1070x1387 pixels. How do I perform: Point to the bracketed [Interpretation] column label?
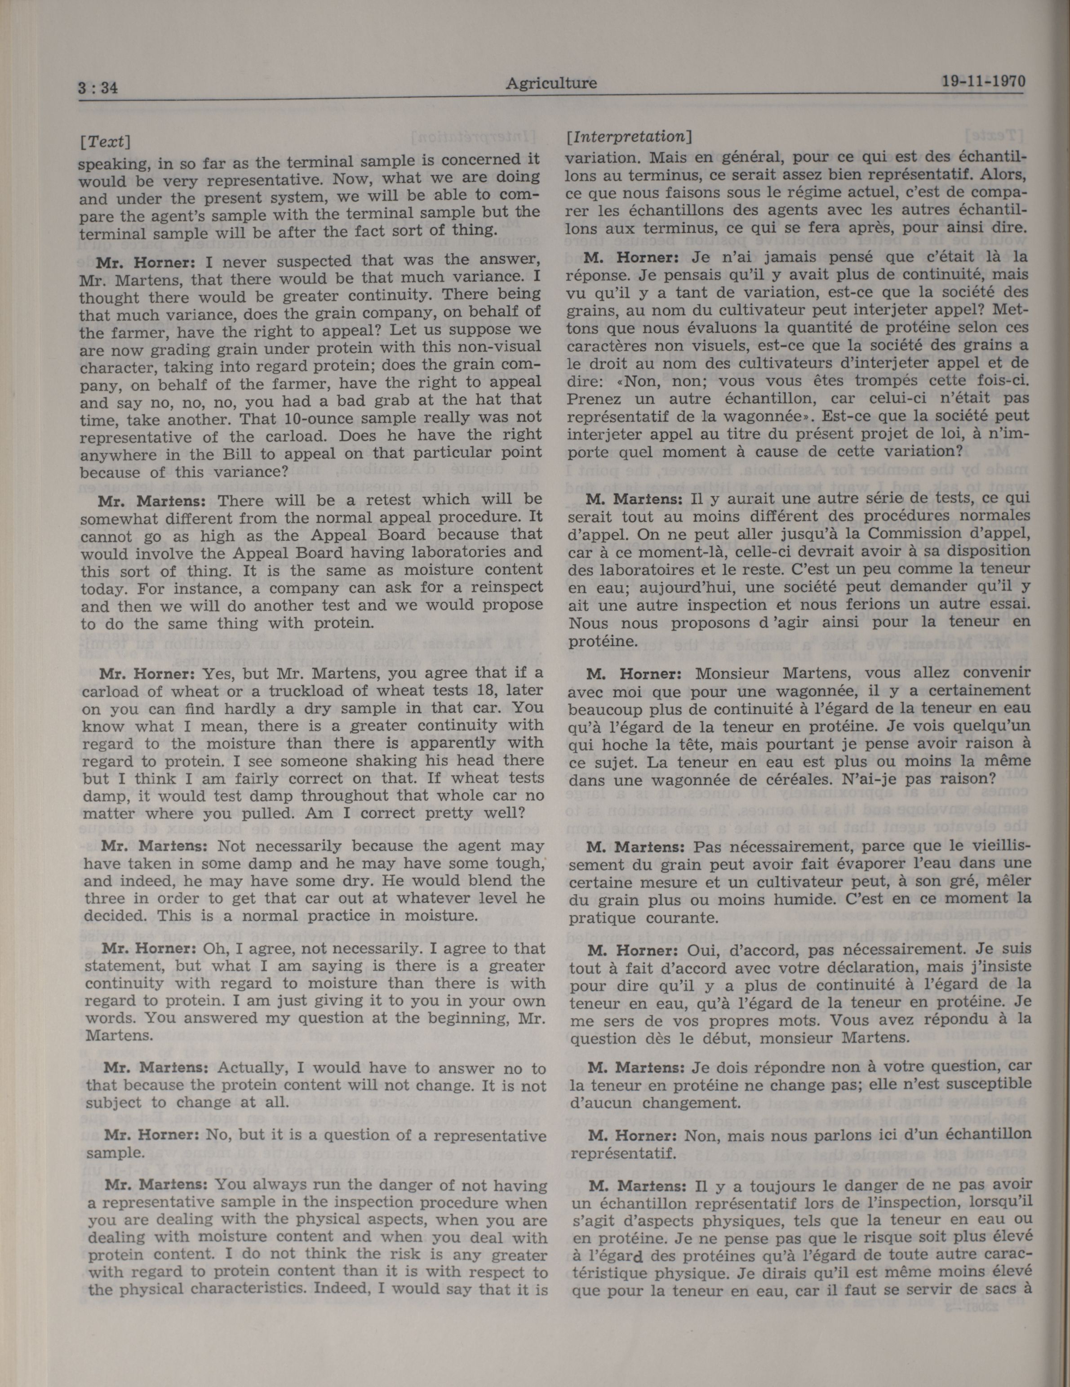pos(628,137)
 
